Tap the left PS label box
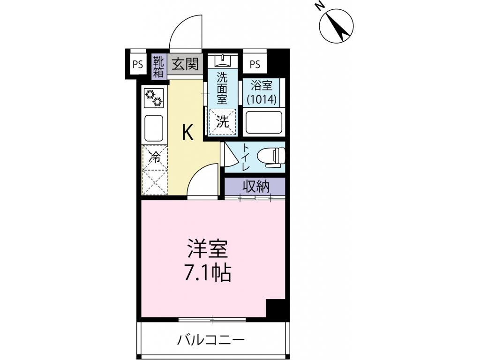pyautogui.click(x=137, y=65)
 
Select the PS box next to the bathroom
pyautogui.click(x=255, y=65)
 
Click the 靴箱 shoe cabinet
pyautogui.click(x=158, y=67)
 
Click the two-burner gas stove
pyautogui.click(x=154, y=97)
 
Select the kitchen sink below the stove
pyautogui.click(x=154, y=127)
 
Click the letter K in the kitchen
pyautogui.click(x=187, y=133)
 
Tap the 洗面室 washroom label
pyautogui.click(x=222, y=89)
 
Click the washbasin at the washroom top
pyautogui.click(x=222, y=60)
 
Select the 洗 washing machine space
pyautogui.click(x=222, y=123)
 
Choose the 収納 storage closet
pyautogui.click(x=255, y=187)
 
